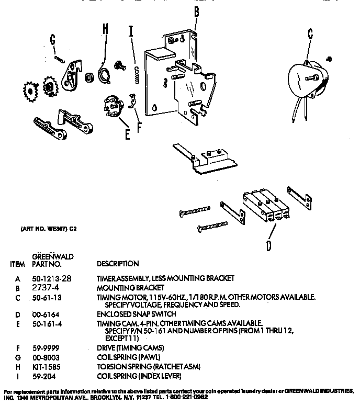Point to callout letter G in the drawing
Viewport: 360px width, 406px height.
(52, 39)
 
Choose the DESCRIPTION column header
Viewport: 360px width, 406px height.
(118, 264)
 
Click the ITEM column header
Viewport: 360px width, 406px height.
(17, 264)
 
